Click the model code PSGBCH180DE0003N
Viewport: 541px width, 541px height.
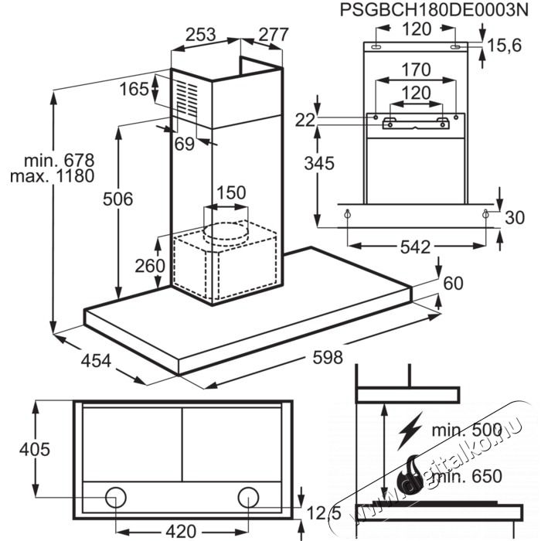(x=434, y=10)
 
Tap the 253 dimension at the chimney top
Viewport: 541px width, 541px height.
(x=200, y=35)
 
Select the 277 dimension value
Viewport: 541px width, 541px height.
(x=274, y=35)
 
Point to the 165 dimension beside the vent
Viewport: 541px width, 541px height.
(x=134, y=89)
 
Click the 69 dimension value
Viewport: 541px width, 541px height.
(x=185, y=144)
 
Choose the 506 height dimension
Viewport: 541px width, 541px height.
(x=117, y=199)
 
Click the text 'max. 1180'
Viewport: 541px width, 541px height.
(x=52, y=176)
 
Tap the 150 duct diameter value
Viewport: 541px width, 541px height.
(x=231, y=192)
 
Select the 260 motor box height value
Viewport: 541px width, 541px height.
(x=150, y=266)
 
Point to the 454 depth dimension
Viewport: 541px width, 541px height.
(x=96, y=361)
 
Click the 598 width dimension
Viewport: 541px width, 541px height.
(x=328, y=357)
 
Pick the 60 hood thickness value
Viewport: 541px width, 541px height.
(x=453, y=284)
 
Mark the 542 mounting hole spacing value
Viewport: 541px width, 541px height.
(x=416, y=247)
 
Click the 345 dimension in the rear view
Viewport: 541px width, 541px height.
(x=319, y=163)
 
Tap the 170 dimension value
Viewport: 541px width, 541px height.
(x=416, y=70)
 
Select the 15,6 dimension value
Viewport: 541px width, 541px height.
(x=504, y=45)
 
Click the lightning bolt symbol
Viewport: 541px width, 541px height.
(x=410, y=430)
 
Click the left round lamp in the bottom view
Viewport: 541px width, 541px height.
(x=116, y=498)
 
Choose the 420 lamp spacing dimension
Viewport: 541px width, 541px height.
(x=181, y=532)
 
